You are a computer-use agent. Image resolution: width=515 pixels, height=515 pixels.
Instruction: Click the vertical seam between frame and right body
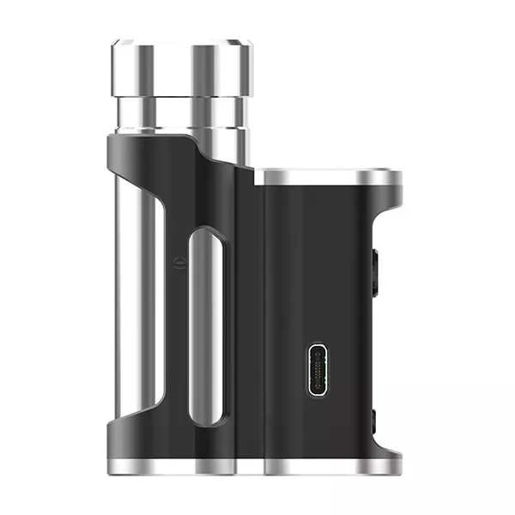(x=262, y=326)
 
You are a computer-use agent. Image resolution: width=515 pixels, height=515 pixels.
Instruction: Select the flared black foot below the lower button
(x=382, y=446)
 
